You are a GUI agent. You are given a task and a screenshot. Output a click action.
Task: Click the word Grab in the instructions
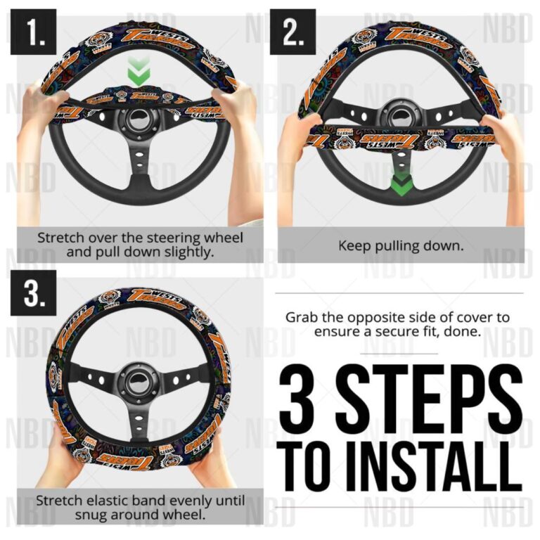(300, 317)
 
